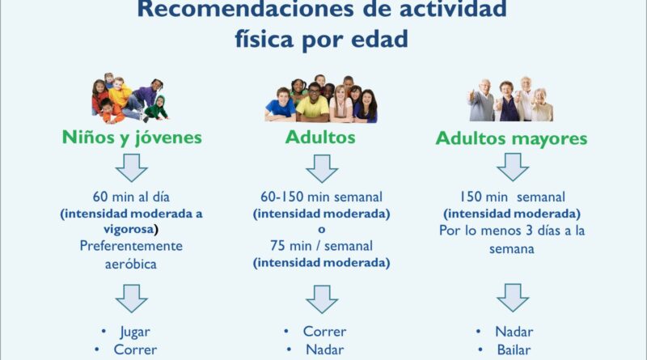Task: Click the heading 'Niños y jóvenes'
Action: pyautogui.click(x=132, y=138)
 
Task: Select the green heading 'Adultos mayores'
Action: pyautogui.click(x=511, y=138)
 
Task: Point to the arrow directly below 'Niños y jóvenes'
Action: pyautogui.click(x=132, y=167)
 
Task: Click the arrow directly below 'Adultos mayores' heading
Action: pyautogui.click(x=513, y=167)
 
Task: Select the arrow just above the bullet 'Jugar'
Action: pyautogui.click(x=132, y=298)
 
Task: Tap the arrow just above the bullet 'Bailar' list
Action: pyautogui.click(x=513, y=297)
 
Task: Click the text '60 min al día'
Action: pyautogui.click(x=131, y=197)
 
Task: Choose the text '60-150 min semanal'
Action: pyautogui.click(x=321, y=197)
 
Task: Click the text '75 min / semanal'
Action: pyautogui.click(x=321, y=246)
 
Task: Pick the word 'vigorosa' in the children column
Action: pyautogui.click(x=129, y=229)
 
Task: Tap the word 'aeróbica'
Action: pyautogui.click(x=131, y=265)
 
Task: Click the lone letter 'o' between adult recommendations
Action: pyautogui.click(x=321, y=230)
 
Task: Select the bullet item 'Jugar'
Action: pyautogui.click(x=135, y=332)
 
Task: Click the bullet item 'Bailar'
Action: pyautogui.click(x=514, y=350)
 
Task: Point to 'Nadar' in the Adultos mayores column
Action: pyautogui.click(x=514, y=332)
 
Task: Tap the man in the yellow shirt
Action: pyautogui.click(x=312, y=103)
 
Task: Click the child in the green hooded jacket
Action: pyautogui.click(x=156, y=108)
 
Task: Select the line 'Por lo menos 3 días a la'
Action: pyautogui.click(x=512, y=231)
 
